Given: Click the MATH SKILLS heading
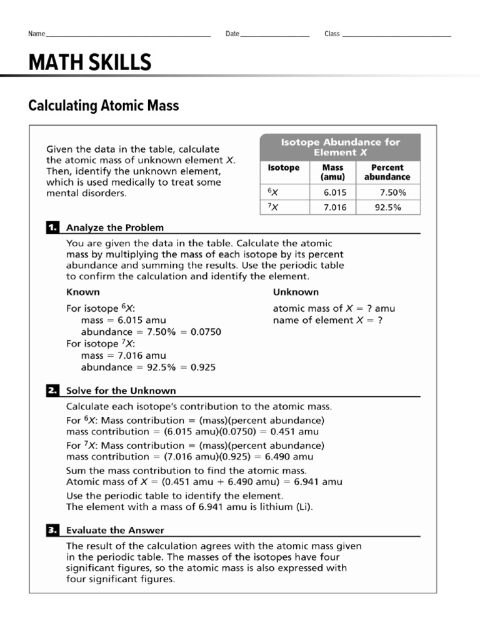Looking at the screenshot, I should [90, 62].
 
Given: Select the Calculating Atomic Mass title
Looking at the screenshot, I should [104, 106].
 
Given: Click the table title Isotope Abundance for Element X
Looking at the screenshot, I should [340, 147].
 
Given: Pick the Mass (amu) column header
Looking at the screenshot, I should [332, 172].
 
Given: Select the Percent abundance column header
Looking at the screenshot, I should [387, 172].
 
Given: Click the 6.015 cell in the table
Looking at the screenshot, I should [335, 192].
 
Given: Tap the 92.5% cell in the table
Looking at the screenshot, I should [387, 207].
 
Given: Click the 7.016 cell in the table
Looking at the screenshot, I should [335, 207].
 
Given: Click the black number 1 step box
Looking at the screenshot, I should [52, 227].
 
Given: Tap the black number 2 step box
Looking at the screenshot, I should [52, 391].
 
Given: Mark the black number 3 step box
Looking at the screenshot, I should [52, 530].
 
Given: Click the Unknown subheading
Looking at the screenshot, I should [296, 292].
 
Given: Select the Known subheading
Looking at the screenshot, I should [83, 292].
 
